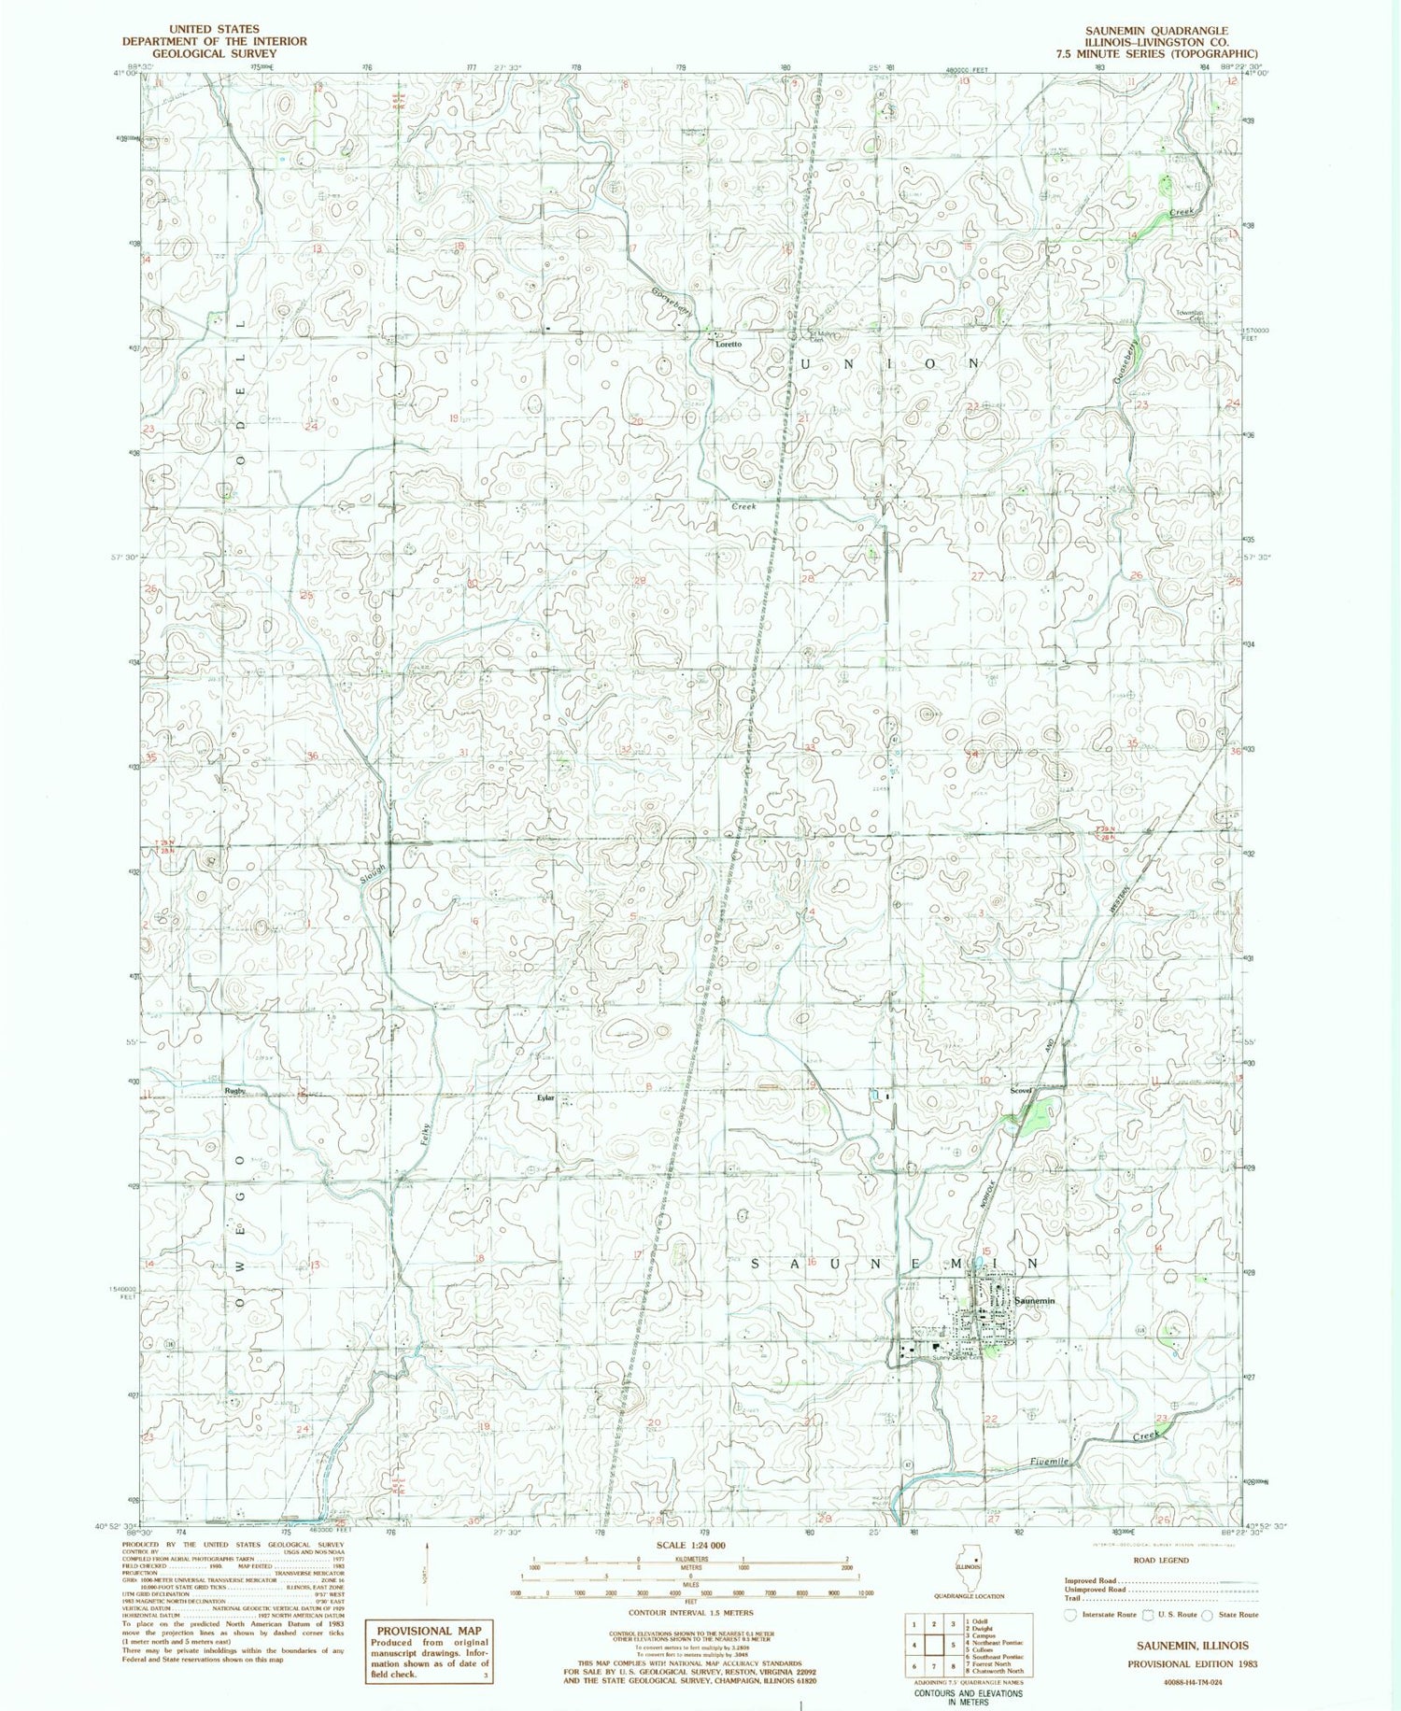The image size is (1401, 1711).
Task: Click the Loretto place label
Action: [729, 345]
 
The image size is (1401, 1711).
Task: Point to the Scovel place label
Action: [1020, 1090]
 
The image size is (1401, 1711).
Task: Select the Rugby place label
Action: [234, 1090]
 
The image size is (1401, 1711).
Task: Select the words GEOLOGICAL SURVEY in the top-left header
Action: [214, 53]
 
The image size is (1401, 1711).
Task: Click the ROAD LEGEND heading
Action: [1161, 1560]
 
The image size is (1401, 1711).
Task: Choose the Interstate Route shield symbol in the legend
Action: [1070, 1614]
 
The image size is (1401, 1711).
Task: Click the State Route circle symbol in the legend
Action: [1207, 1614]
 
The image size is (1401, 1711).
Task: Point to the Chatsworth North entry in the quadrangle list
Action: [999, 1672]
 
